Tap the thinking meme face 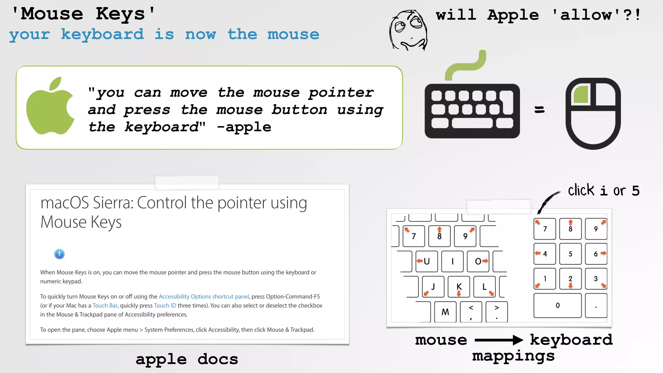click(x=409, y=30)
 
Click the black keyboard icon click(x=472, y=111)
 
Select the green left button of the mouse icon click(x=581, y=95)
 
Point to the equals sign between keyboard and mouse click(x=539, y=110)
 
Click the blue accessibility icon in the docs click(x=60, y=254)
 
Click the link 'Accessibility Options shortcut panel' click(x=204, y=297)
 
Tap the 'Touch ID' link click(x=165, y=306)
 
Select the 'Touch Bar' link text click(x=105, y=306)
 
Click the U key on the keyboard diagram click(x=427, y=261)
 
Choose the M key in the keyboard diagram click(x=445, y=312)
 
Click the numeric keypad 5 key click(x=570, y=254)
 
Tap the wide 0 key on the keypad click(x=557, y=305)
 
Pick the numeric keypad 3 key click(x=596, y=279)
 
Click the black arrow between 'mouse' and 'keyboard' click(x=499, y=340)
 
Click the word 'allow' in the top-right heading click(x=586, y=15)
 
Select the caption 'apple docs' click(x=187, y=359)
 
